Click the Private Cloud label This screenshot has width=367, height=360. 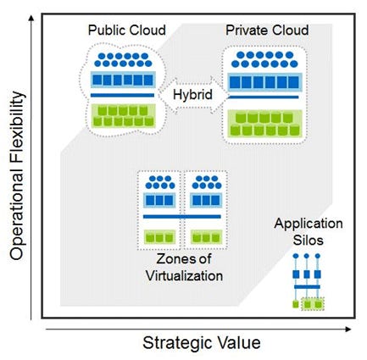tap(266, 30)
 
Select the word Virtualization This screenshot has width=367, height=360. tap(182, 275)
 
